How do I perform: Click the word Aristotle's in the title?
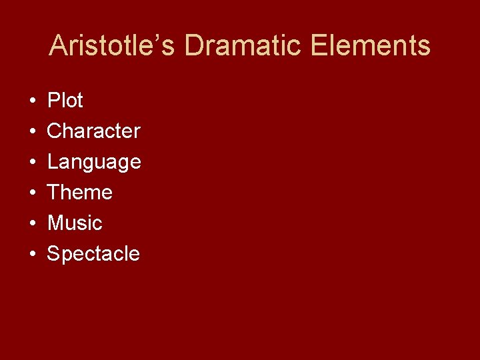click(112, 46)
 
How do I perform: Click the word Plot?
click(65, 101)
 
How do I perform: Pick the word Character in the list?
click(93, 131)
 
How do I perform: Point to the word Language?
click(94, 162)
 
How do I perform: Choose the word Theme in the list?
click(79, 193)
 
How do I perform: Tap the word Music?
click(75, 223)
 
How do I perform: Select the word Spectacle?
click(93, 254)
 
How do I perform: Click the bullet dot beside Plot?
click(33, 101)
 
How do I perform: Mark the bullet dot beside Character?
click(33, 132)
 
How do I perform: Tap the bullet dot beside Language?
click(33, 163)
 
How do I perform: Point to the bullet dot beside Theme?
click(33, 193)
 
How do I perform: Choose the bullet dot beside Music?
click(33, 224)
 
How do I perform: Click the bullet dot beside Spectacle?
click(33, 255)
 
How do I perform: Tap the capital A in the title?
click(59, 46)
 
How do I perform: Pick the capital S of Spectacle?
click(53, 254)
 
